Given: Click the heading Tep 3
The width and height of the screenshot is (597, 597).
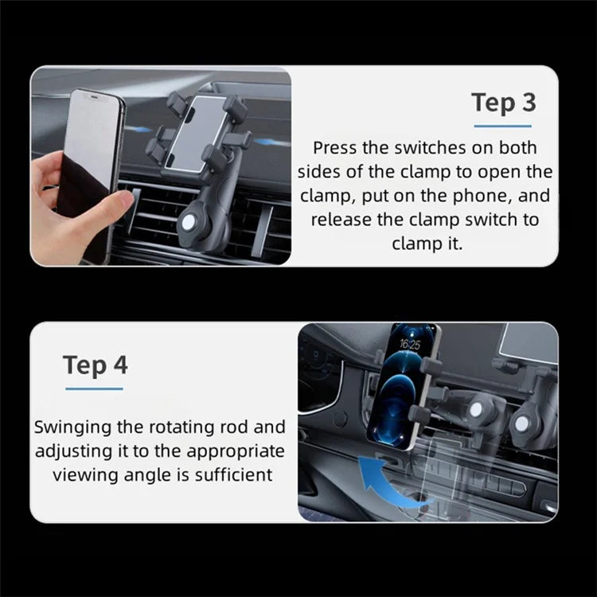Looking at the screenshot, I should (x=502, y=103).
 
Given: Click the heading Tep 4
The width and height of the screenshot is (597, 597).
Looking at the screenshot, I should (x=95, y=365).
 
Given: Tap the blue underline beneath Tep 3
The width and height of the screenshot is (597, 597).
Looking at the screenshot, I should (x=502, y=126).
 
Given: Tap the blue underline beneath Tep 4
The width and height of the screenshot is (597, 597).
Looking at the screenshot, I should (x=95, y=388).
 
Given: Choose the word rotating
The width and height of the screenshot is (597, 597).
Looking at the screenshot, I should (x=182, y=427).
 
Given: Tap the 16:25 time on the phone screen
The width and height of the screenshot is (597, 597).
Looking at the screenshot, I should (x=410, y=345).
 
